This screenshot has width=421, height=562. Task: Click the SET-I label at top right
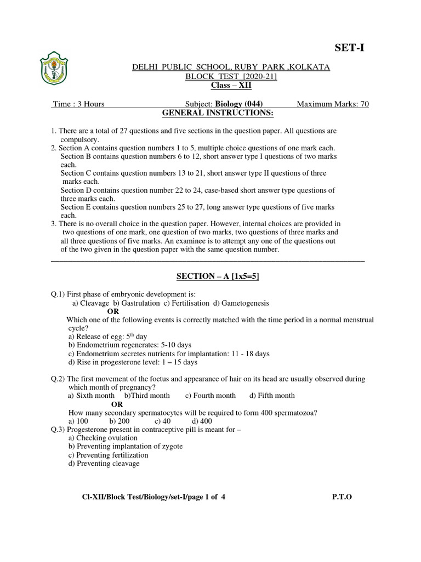coord(349,49)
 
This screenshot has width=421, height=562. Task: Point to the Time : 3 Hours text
coord(78,104)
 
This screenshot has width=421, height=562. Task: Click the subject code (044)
coord(252,104)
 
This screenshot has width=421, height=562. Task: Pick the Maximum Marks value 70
coord(364,104)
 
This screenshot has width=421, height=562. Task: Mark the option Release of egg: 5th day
coord(107,336)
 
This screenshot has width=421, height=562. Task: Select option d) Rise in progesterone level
coord(133,362)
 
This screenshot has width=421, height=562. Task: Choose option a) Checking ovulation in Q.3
coord(103,438)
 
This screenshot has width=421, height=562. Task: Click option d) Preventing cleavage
coord(104,463)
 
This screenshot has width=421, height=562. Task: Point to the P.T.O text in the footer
coord(342,497)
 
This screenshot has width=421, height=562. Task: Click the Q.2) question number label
coord(58,379)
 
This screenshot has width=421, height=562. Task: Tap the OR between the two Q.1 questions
coord(113,311)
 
